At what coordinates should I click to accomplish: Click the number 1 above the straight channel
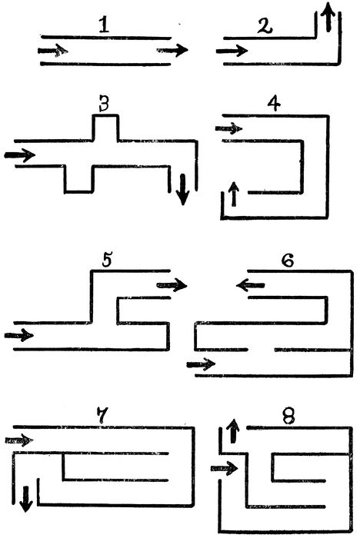point(104,25)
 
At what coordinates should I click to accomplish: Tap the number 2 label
point(265,26)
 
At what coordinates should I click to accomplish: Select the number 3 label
point(104,104)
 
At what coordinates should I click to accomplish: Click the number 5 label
point(107,260)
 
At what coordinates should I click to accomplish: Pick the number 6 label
point(288,261)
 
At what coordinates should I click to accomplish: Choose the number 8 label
point(288,417)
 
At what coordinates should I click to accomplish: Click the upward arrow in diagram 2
point(328,16)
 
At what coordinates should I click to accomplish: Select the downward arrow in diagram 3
point(183,190)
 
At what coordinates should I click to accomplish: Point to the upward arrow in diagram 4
point(234,194)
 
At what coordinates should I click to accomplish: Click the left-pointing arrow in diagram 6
point(251,285)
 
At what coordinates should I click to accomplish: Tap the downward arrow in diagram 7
point(26,499)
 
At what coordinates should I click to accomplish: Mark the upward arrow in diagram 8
point(234,430)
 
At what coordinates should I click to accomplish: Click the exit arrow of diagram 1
point(172,51)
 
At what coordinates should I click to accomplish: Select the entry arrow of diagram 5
point(19,334)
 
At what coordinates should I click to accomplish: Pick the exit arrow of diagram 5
point(172,285)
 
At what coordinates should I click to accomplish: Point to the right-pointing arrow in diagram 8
point(224,468)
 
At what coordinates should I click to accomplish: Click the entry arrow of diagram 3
point(19,155)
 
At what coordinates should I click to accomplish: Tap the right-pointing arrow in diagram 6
point(201,364)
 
